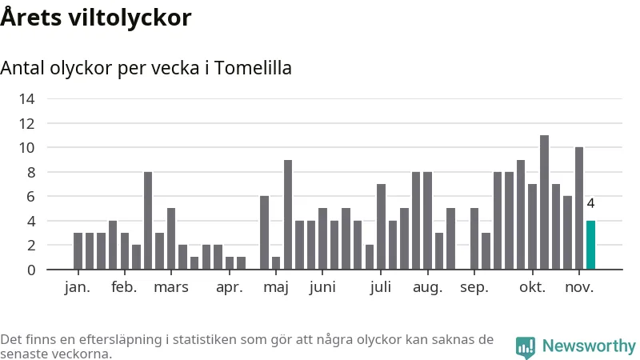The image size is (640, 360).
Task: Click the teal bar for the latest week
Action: pos(590,245)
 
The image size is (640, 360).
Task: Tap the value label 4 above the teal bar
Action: pos(590,204)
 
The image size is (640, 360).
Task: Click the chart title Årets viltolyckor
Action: pos(96,17)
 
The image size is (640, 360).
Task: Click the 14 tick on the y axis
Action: pos(27,99)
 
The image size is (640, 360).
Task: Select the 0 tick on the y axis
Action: pos(31,270)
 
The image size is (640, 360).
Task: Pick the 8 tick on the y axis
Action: pos(31,172)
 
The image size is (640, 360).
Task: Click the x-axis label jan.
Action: pos(78,287)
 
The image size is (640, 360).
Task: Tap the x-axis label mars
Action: pos(171,287)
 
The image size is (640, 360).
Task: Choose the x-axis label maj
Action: pos(275,287)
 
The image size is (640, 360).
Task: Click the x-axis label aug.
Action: pos(427,287)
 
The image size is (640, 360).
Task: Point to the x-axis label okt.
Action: pos(532,287)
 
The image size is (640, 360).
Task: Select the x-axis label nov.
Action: pos(579,287)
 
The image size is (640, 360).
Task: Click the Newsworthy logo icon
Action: pos(526,346)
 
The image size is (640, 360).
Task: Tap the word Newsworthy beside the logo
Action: pos(589,346)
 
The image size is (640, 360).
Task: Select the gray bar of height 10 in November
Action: pos(579,208)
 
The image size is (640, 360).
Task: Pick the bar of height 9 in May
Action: pos(288,214)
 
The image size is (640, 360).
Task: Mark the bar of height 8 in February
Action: pos(148,221)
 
